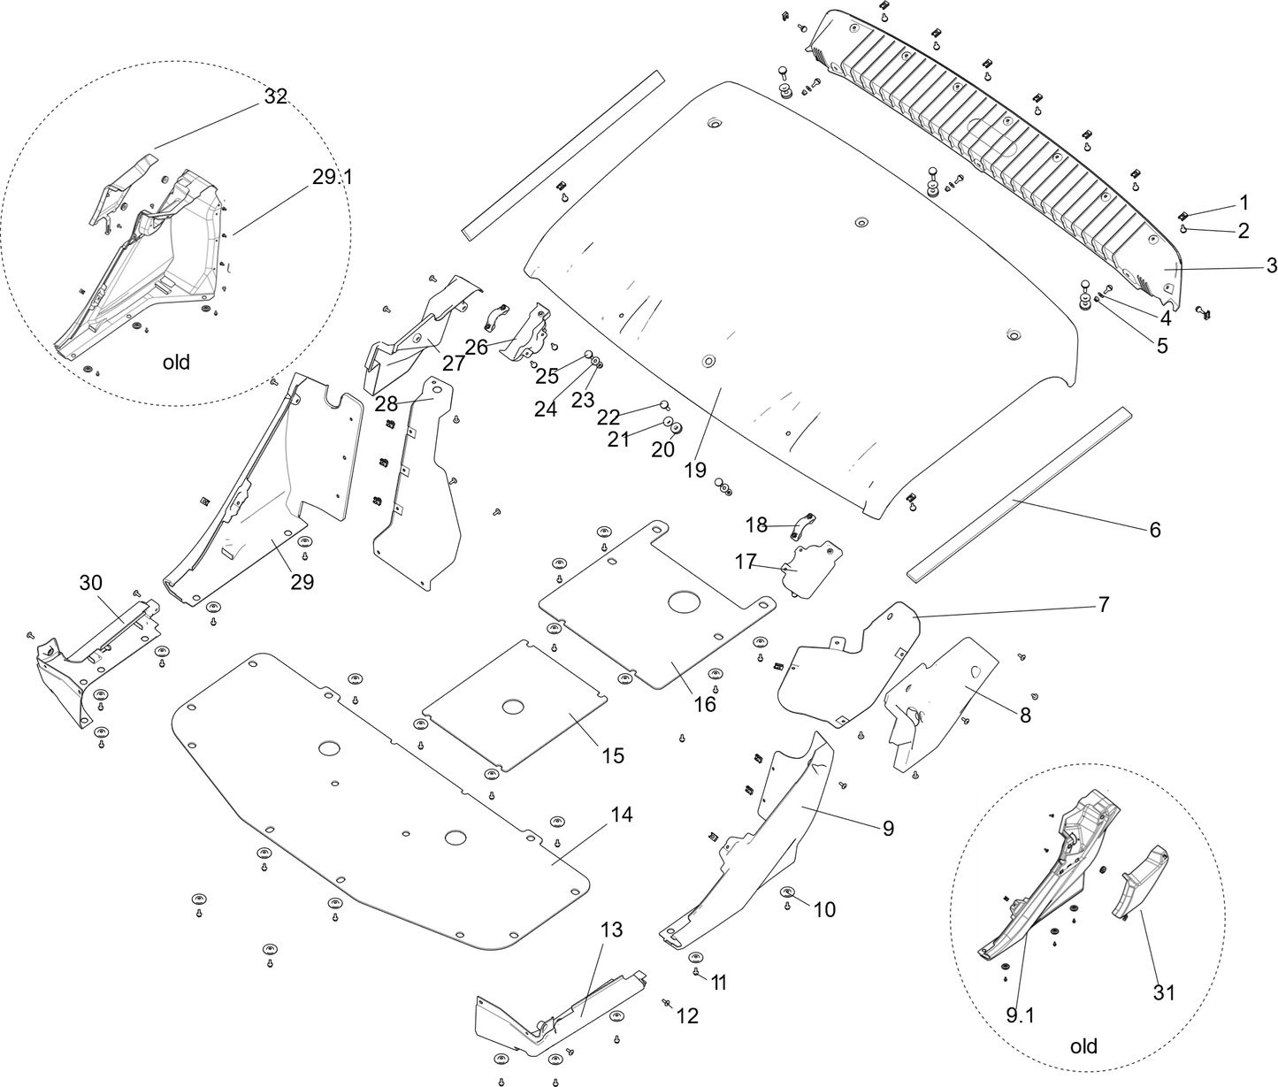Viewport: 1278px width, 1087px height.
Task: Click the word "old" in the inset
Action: click(x=176, y=363)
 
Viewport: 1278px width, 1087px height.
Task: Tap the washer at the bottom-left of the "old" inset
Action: click(x=87, y=365)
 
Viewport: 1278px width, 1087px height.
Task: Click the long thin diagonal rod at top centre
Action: click(x=561, y=150)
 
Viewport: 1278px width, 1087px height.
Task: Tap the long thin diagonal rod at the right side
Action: click(x=1022, y=496)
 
